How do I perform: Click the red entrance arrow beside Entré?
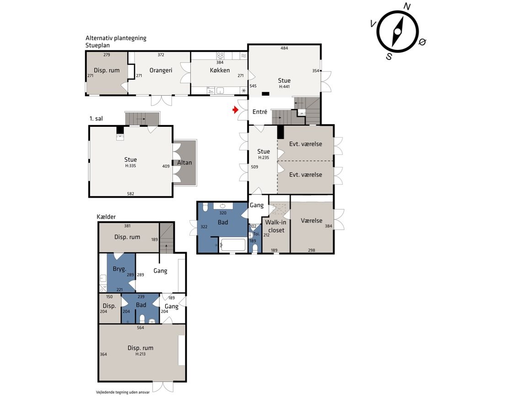pos(236,110)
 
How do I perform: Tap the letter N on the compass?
pos(407,7)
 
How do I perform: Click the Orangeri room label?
pos(161,70)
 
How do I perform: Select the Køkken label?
pos(220,70)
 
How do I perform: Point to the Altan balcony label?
pos(184,162)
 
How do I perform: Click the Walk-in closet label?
pos(276,226)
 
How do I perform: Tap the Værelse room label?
pos(312,221)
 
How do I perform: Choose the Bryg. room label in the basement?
pos(119,269)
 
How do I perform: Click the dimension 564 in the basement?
pos(140,328)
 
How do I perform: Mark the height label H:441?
pos(284,86)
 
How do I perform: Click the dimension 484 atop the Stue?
pos(285,48)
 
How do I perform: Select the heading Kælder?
pos(106,217)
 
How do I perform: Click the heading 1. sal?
pos(96,119)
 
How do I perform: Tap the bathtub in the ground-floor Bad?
pos(232,245)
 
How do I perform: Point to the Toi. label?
pos(257,234)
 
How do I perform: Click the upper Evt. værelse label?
pos(306,144)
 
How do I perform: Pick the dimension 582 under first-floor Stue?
pos(130,194)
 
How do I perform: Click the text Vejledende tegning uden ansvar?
pos(123,392)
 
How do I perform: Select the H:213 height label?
pos(140,354)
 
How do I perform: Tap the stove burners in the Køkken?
pos(220,56)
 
